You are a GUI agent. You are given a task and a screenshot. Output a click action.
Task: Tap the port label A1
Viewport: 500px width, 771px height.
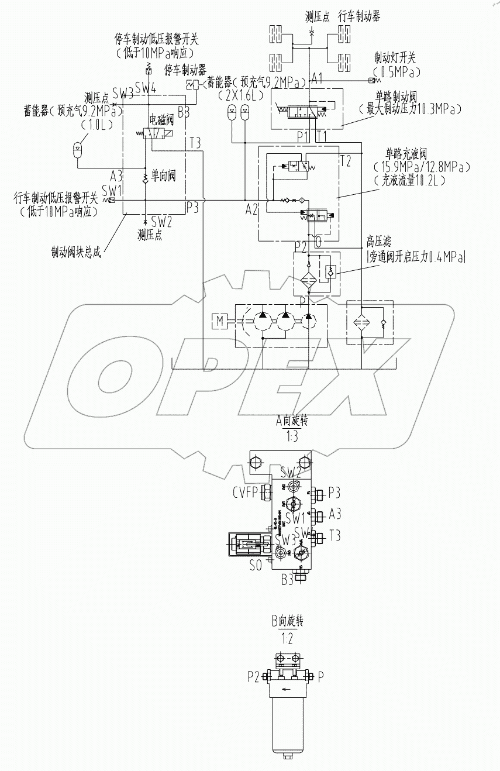(x=318, y=78)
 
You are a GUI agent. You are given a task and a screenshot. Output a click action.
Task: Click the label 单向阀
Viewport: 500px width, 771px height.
(x=164, y=175)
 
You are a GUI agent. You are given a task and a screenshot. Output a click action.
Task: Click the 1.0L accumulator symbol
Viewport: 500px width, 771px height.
(x=77, y=147)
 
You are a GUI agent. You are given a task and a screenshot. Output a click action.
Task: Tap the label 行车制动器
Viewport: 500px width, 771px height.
(x=360, y=17)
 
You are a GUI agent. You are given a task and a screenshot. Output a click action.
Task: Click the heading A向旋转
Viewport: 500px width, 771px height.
(x=291, y=421)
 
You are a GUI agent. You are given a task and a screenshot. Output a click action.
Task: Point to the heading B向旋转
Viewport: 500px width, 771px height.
(x=287, y=621)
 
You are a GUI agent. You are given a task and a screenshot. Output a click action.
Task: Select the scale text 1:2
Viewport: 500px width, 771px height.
(x=287, y=638)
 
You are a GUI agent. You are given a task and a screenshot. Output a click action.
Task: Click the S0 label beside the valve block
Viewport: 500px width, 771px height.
(x=256, y=566)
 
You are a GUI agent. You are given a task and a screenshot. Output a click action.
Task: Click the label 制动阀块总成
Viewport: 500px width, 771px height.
(x=75, y=253)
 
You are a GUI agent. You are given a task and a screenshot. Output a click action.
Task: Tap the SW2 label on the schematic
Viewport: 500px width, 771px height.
(x=161, y=222)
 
